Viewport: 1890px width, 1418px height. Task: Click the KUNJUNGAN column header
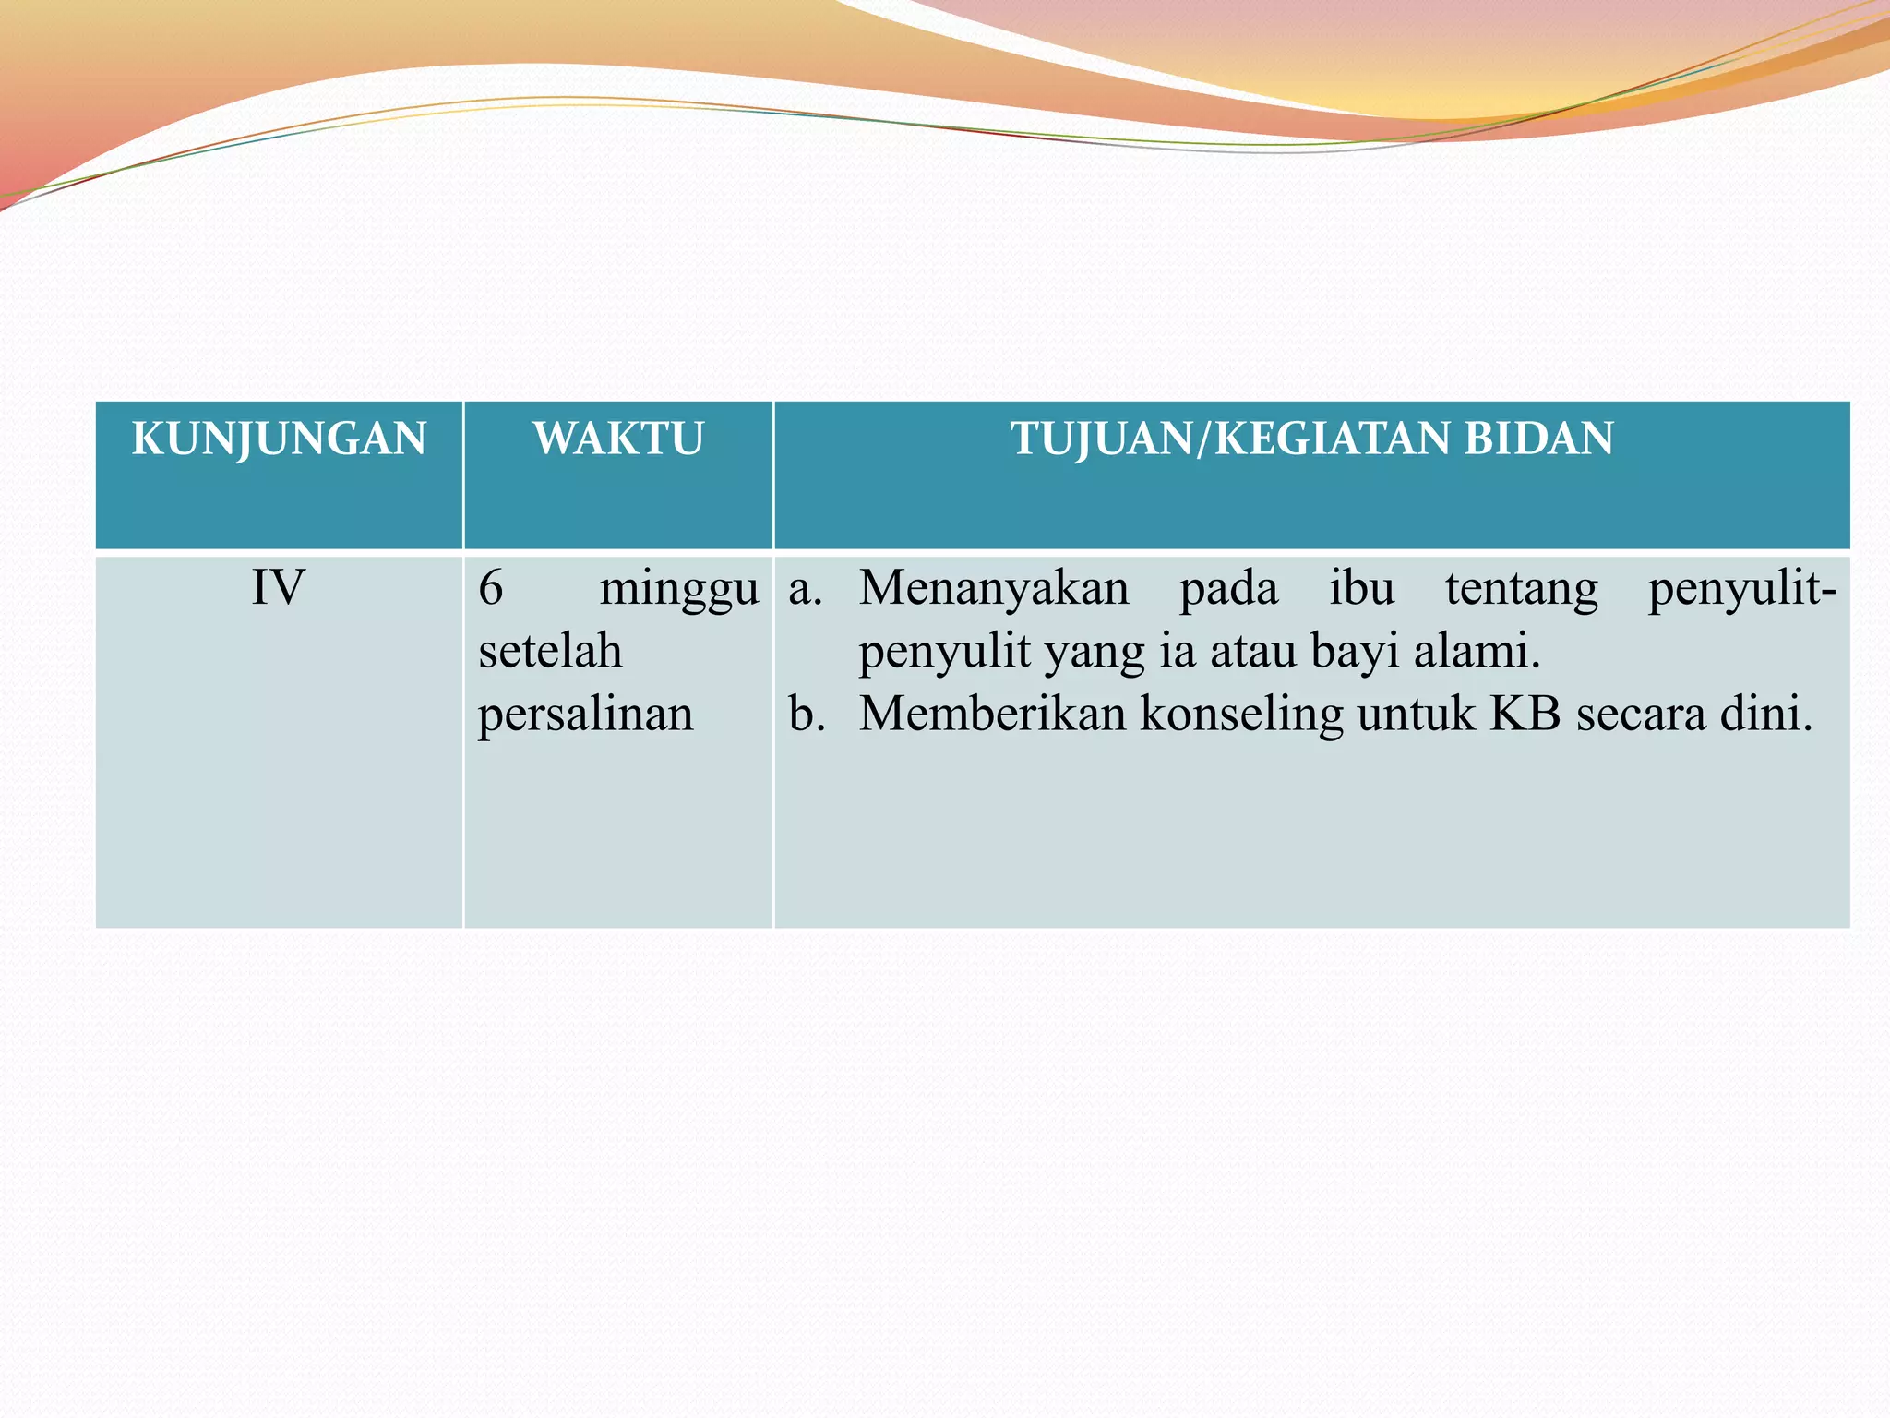[x=279, y=439]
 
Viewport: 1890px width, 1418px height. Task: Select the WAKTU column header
[x=618, y=439]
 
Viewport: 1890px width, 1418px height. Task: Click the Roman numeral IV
[x=278, y=588]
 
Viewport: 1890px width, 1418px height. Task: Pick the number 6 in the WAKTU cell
[x=491, y=588]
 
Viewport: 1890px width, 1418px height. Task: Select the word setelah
[x=550, y=651]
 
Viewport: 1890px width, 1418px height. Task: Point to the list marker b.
[x=807, y=714]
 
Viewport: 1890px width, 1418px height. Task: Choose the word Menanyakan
[x=994, y=588]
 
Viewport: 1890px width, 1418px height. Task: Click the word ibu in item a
[x=1361, y=588]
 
